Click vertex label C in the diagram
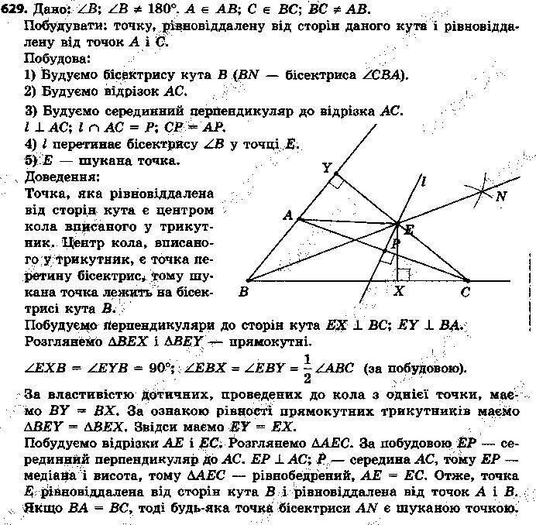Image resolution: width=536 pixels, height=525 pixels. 466,293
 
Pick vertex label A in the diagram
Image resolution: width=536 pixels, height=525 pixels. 287,216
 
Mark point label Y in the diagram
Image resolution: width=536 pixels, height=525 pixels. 326,167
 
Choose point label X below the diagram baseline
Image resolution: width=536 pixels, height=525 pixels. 399,292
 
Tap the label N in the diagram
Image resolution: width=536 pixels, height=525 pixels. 501,196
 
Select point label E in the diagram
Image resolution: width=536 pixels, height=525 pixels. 408,229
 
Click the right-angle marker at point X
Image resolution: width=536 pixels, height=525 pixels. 402,273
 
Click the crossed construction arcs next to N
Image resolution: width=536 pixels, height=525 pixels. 482,189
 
